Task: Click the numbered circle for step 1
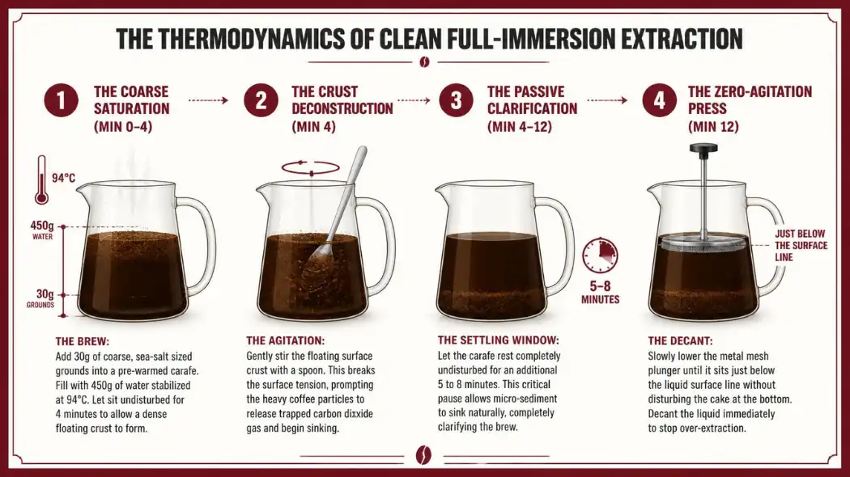tap(62, 101)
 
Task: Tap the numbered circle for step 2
tap(261, 101)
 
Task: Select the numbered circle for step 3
tap(456, 101)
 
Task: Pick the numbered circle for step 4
tap(659, 101)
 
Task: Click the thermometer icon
tap(41, 180)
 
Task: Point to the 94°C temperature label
tap(63, 178)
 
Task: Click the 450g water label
tap(42, 230)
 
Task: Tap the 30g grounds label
tap(41, 298)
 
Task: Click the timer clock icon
tap(600, 255)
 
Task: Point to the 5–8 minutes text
tap(600, 293)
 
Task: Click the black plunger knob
tap(703, 148)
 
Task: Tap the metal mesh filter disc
tap(703, 245)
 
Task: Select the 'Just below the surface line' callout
tap(801, 245)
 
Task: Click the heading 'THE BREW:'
tap(83, 342)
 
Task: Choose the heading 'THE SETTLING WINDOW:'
tap(498, 340)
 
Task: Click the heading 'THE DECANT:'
tap(680, 341)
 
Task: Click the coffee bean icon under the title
tap(424, 62)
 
